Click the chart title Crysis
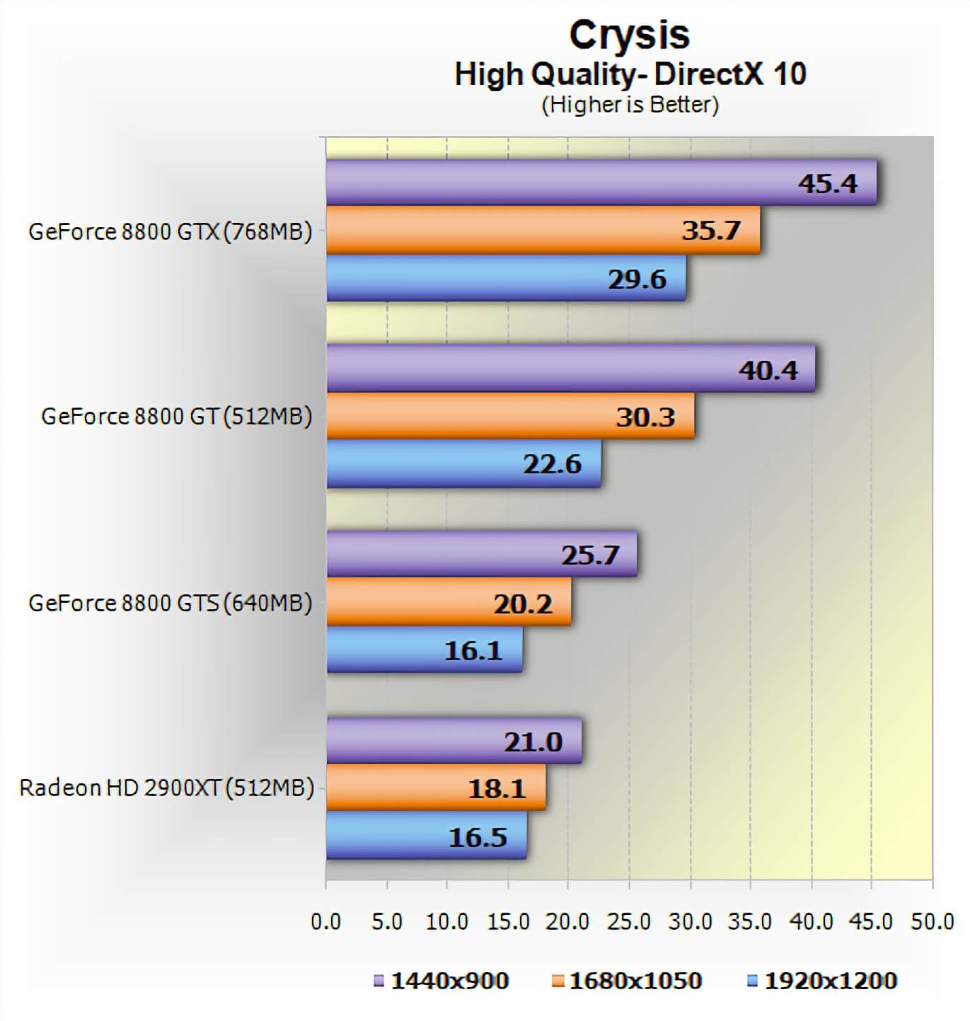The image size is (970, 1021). pos(629,35)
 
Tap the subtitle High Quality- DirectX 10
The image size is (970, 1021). pos(630,74)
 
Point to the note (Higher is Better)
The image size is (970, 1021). pos(630,105)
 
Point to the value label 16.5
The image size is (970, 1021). pos(478,837)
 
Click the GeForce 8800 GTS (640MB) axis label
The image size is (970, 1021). pos(170,603)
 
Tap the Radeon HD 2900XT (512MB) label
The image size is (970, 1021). pos(166,788)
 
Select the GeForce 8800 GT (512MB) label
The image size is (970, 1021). pos(176,416)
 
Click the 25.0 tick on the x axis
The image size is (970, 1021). pos(629,921)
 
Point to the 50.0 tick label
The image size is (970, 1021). pos(932,921)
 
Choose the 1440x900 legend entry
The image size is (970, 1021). pos(441,981)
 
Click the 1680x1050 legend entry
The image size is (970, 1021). pos(627,981)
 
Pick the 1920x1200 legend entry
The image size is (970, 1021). pos(823,981)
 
